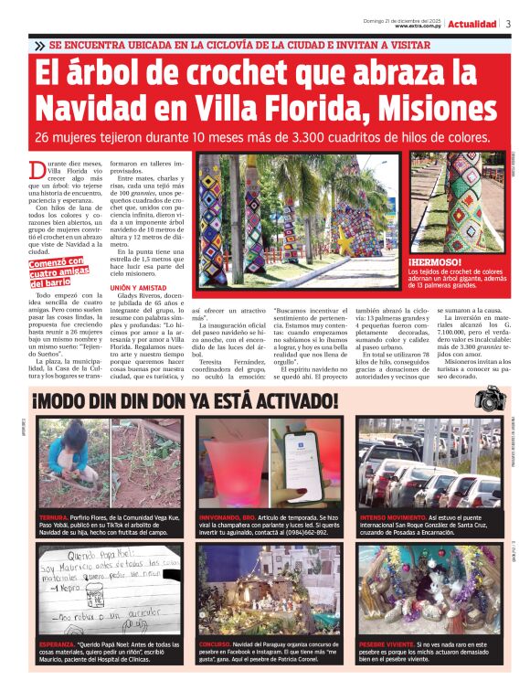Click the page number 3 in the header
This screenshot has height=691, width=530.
pyautogui.click(x=508, y=23)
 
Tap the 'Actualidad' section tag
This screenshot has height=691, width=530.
pyautogui.click(x=472, y=24)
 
